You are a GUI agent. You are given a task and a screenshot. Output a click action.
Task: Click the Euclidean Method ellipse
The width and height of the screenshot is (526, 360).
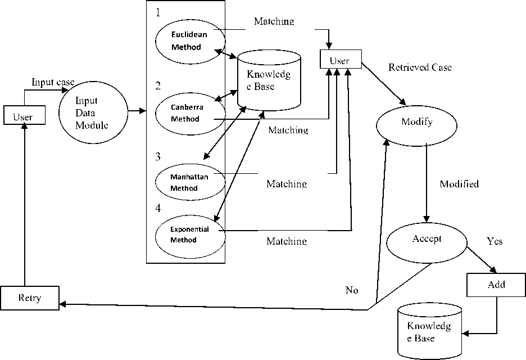190,41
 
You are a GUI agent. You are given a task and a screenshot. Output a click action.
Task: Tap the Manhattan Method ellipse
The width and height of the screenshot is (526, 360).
190,182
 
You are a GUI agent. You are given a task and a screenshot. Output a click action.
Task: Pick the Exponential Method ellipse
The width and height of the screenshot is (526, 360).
190,235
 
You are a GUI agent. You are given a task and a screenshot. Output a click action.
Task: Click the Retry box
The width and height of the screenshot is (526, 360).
30,298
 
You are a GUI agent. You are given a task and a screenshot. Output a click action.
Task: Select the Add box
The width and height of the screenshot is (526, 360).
496,285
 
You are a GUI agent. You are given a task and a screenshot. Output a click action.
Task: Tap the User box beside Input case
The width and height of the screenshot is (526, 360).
22,116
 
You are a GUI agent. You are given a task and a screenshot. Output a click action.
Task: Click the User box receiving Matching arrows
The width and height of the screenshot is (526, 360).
339,60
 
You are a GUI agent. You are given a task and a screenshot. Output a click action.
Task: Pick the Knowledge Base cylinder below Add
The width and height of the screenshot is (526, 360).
429,331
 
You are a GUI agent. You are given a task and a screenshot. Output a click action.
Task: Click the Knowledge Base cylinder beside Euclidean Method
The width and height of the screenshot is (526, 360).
269,80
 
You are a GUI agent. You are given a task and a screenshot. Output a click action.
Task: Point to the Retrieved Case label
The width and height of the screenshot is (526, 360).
420,67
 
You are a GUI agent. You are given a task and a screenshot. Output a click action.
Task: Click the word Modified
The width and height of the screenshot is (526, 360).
459,184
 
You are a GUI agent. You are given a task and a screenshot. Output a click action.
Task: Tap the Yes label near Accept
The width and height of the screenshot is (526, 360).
494,242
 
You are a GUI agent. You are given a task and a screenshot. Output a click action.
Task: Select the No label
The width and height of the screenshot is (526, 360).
352,290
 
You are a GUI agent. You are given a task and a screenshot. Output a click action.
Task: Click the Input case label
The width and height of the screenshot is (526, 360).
53,83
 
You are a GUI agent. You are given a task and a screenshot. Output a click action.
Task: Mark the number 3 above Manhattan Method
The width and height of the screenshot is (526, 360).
158,156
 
